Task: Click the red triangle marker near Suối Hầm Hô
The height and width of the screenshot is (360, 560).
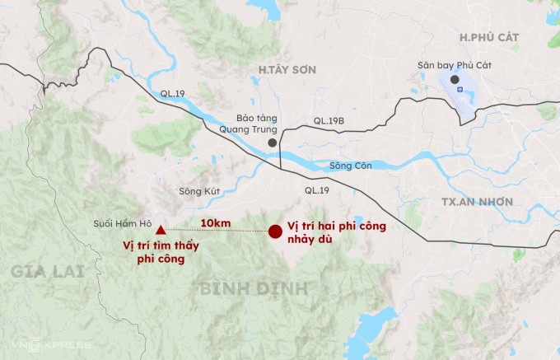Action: (161, 231)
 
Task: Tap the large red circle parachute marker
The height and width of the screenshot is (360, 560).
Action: (275, 231)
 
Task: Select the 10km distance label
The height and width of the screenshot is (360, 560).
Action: (215, 224)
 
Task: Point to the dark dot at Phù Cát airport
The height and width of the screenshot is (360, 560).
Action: (454, 79)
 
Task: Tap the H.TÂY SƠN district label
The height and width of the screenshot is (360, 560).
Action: (287, 70)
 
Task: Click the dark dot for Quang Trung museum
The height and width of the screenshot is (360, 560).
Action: (272, 143)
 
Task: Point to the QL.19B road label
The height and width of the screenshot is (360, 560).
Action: (328, 121)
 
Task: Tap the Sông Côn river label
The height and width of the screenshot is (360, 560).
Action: (351, 166)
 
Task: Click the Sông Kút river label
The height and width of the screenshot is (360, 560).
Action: (196, 192)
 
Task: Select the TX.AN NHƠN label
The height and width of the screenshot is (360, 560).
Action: (477, 202)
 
